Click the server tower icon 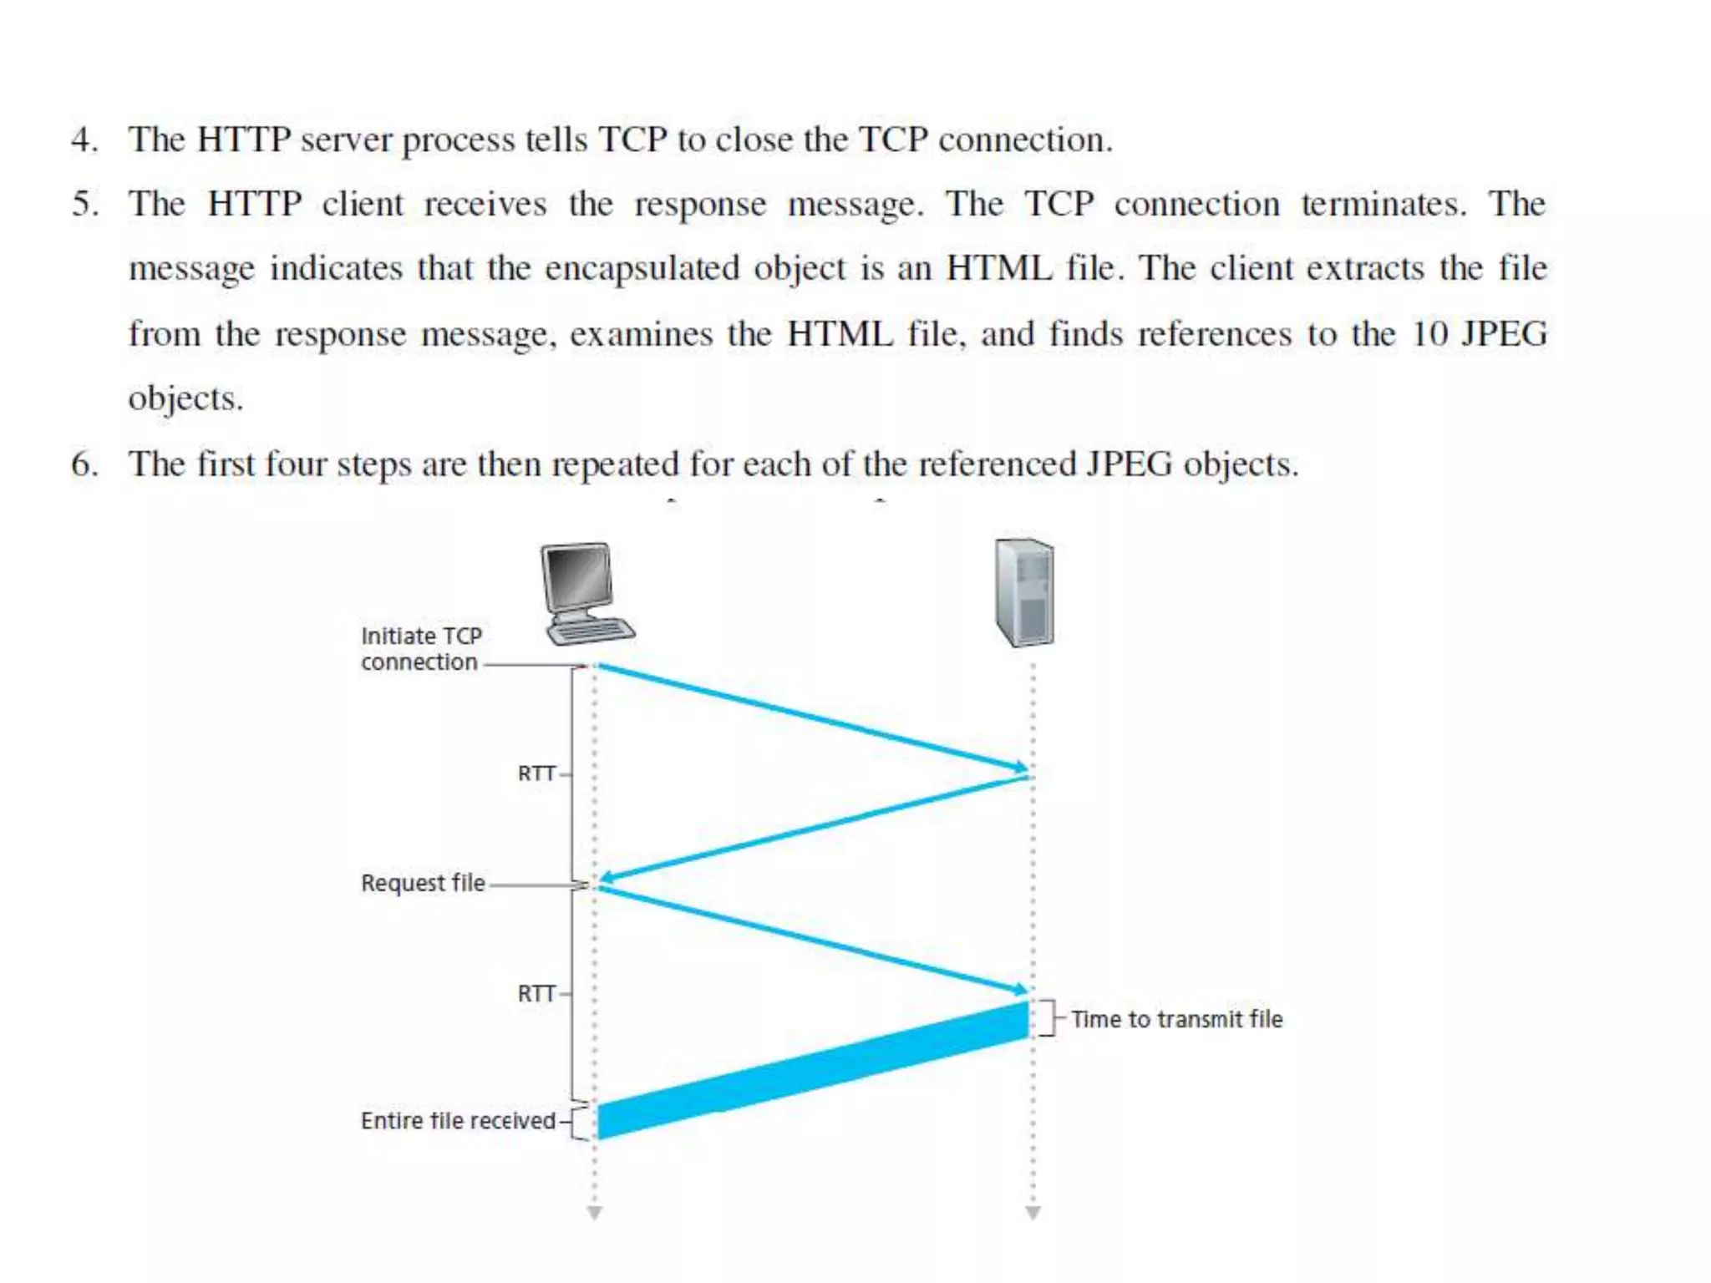point(1024,593)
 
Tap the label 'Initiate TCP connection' point(421,649)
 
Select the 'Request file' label point(423,883)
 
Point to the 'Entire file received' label point(458,1121)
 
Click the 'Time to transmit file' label point(1176,1019)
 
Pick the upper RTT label point(536,773)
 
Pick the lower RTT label point(536,994)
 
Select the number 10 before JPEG point(1429,334)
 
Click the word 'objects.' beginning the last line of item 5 point(185,399)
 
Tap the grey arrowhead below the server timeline point(1033,1213)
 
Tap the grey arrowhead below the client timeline point(594,1213)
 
